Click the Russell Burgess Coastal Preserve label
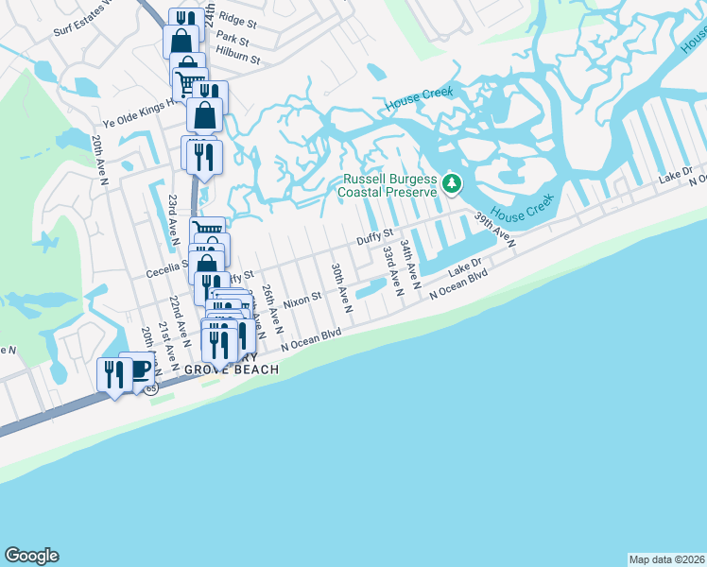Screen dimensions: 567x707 388,185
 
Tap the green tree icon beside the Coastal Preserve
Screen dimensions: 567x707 452,182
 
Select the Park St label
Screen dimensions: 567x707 232,40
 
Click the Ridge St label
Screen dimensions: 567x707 237,20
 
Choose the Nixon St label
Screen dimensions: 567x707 303,296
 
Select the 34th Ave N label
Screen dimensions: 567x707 409,263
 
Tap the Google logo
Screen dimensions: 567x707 31,556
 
